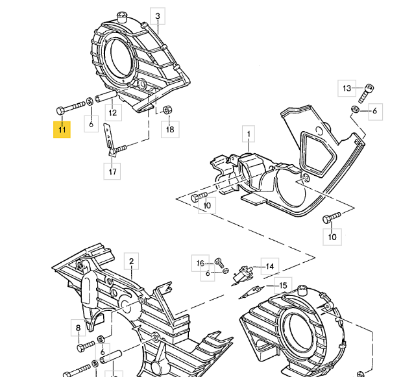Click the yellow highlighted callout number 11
click(62, 129)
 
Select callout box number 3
click(158, 16)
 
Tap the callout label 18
click(170, 129)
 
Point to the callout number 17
click(112, 171)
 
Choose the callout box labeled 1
click(249, 134)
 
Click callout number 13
click(347, 88)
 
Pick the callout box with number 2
click(132, 261)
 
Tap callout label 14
click(269, 267)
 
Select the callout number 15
click(283, 286)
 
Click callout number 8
click(78, 328)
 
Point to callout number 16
click(201, 263)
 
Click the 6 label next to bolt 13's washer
click(375, 112)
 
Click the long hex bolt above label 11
click(71, 108)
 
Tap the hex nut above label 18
click(167, 109)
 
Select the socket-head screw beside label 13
click(366, 93)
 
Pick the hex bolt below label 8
click(86, 346)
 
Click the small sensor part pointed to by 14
click(243, 274)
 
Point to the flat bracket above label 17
click(108, 138)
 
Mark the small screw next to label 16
click(219, 263)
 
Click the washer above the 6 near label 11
click(90, 101)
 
